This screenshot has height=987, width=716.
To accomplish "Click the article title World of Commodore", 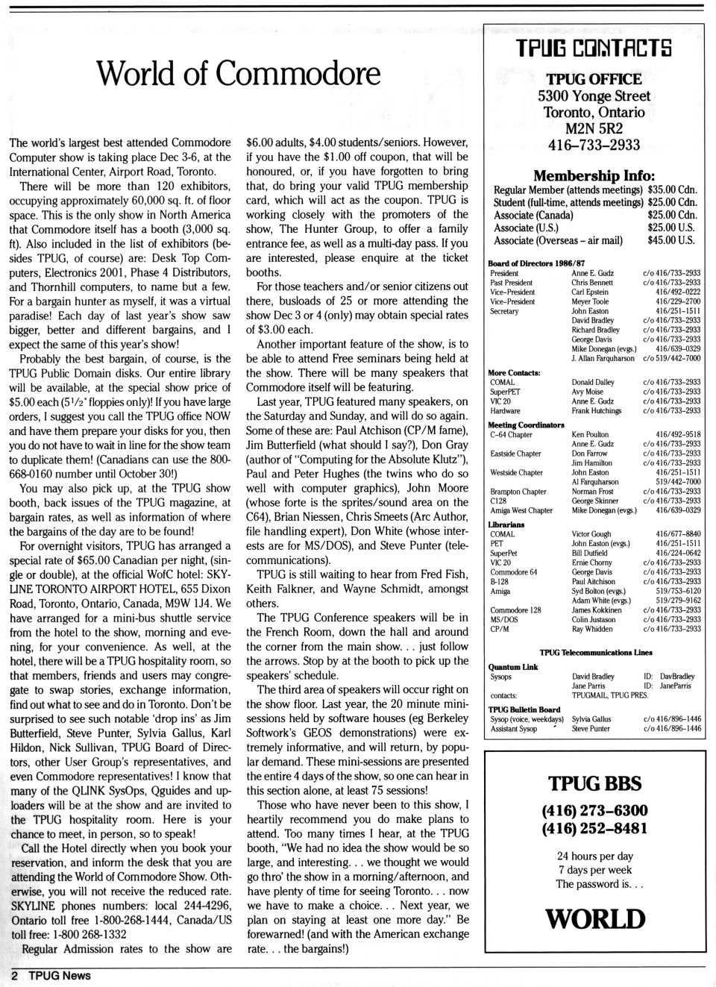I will pyautogui.click(x=238, y=74).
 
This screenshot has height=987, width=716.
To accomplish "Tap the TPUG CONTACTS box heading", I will pyautogui.click(x=594, y=48).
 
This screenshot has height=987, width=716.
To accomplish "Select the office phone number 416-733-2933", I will pyautogui.click(x=594, y=145).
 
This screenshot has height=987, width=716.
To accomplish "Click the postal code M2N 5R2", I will pyautogui.click(x=594, y=128).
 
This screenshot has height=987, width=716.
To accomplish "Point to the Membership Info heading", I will pyautogui.click(x=594, y=176).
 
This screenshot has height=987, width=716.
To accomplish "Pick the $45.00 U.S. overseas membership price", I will pyautogui.click(x=671, y=240).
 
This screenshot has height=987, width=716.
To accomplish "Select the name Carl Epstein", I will pyautogui.click(x=590, y=292).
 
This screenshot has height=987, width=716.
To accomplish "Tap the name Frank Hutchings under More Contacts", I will pyautogui.click(x=596, y=411).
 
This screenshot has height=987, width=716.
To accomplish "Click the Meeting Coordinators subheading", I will pyautogui.click(x=526, y=425).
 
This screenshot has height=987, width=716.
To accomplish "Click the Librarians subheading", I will pyautogui.click(x=506, y=524).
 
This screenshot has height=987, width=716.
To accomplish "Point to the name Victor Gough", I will pyautogui.click(x=591, y=534).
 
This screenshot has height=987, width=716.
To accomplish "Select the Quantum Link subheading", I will pyautogui.click(x=513, y=667).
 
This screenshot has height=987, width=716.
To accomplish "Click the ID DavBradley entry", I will pyautogui.click(x=669, y=677).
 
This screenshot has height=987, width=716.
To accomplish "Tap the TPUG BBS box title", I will pyautogui.click(x=594, y=783).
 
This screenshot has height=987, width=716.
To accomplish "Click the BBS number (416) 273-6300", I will pyautogui.click(x=594, y=811).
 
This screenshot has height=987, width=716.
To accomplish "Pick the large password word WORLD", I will pyautogui.click(x=594, y=919).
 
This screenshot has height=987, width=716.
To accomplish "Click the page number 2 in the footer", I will pyautogui.click(x=14, y=976).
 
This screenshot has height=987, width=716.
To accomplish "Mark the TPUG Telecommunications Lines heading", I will pyautogui.click(x=596, y=653).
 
